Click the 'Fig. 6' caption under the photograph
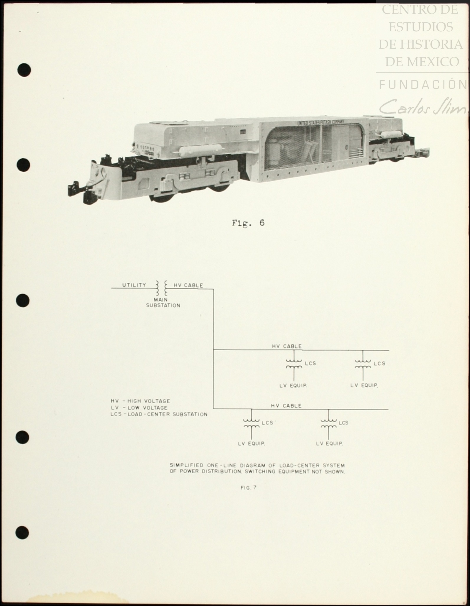tap(248, 223)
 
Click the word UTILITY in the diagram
tap(134, 285)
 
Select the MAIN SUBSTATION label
tap(163, 303)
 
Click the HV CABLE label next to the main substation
tap(188, 285)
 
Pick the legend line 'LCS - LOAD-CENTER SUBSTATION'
tap(159, 414)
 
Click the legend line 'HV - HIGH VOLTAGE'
tap(140, 401)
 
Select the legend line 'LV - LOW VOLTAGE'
tap(139, 408)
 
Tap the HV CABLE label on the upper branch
tap(287, 346)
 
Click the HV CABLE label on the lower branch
tap(286, 406)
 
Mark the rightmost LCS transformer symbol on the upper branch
tap(363, 364)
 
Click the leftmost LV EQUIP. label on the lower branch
tap(251, 444)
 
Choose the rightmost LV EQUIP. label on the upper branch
tap(364, 385)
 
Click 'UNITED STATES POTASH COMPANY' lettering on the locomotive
tap(321, 122)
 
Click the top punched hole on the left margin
tap(24, 70)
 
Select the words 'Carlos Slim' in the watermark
tap(423, 107)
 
